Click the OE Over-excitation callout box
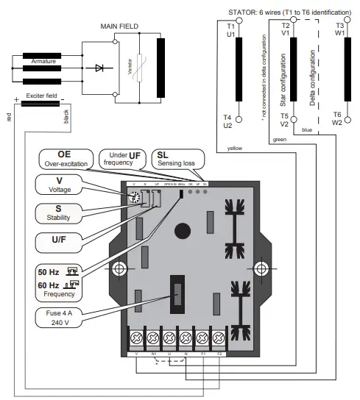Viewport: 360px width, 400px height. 65,159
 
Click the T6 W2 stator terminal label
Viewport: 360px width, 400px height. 336,118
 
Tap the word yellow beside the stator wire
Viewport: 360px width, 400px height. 234,148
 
